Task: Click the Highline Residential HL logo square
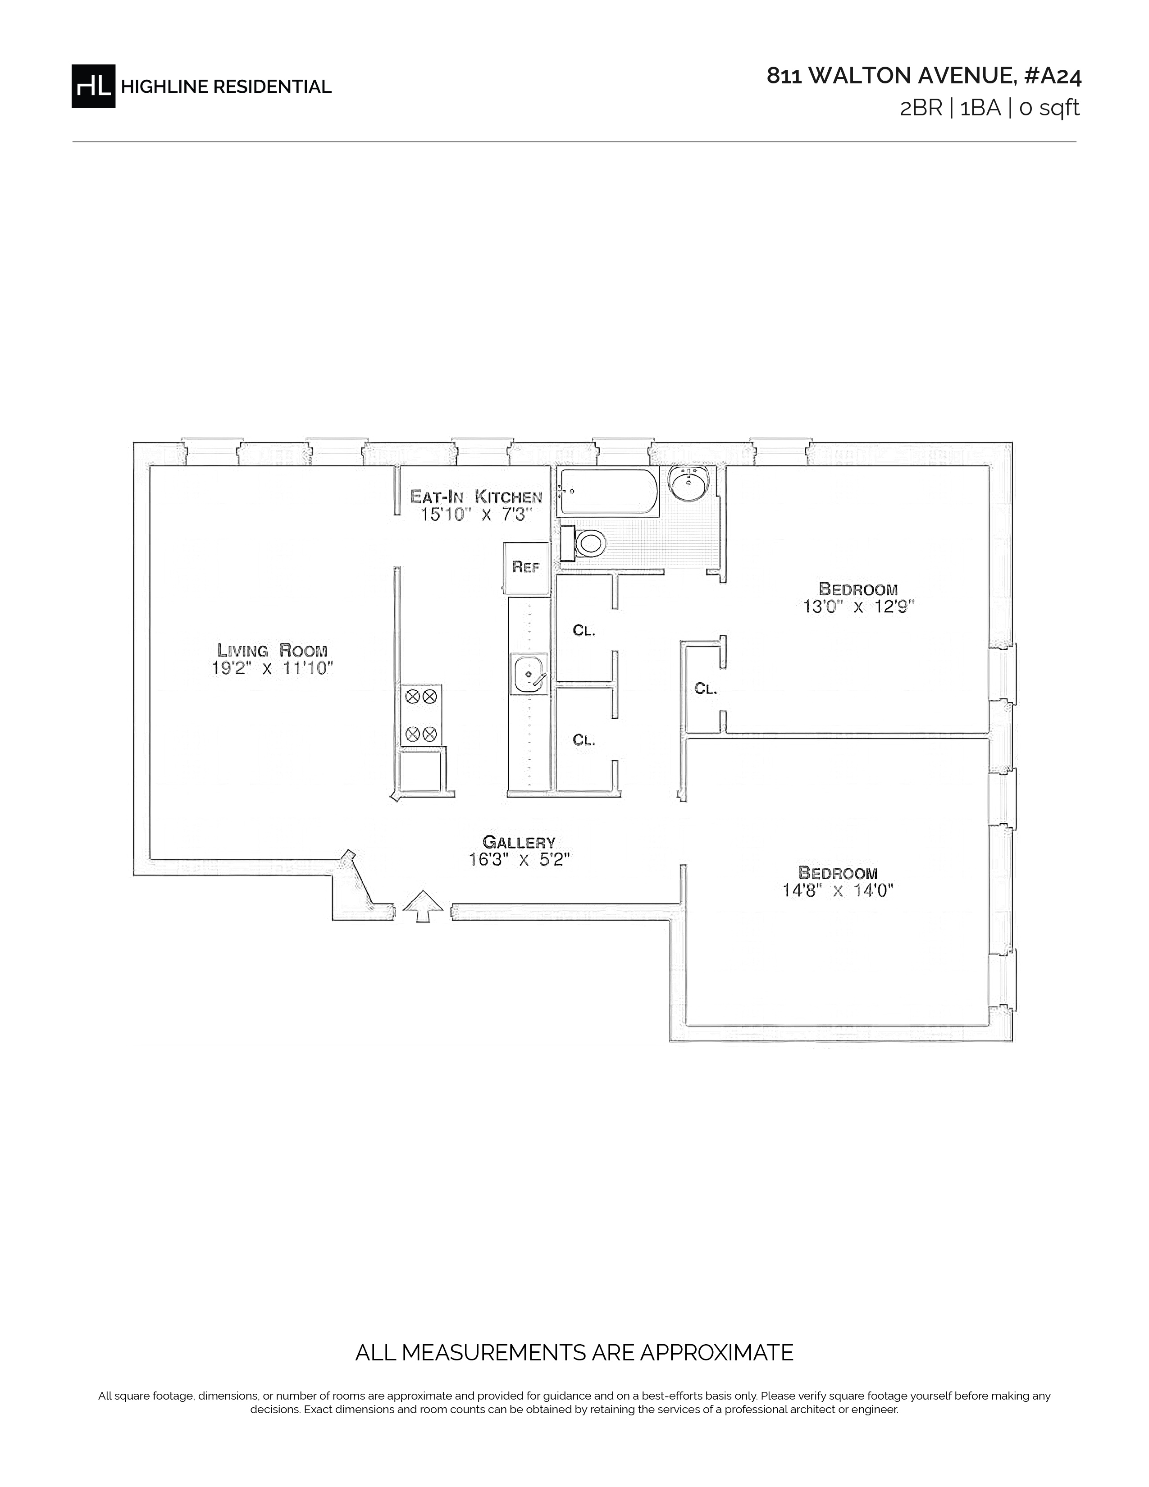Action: tap(93, 86)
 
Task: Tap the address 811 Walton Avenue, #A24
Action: tap(924, 76)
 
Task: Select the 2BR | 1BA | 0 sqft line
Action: tap(990, 108)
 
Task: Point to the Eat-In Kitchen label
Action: tap(476, 497)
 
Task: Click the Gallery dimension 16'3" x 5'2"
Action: tap(519, 860)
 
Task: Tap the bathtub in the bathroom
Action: tap(608, 492)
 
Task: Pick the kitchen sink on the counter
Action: tap(529, 673)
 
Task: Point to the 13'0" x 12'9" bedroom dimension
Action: tap(858, 607)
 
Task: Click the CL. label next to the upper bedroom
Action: tap(706, 689)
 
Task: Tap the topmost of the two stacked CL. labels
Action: tap(584, 630)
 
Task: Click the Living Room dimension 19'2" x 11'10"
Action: tap(272, 668)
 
